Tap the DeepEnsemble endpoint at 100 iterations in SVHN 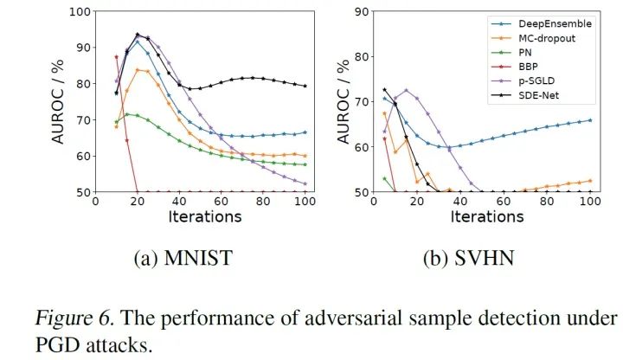pos(590,120)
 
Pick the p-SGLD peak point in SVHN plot pos(406,90)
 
